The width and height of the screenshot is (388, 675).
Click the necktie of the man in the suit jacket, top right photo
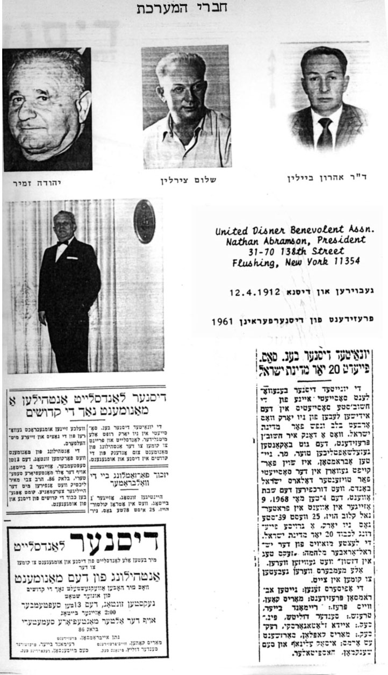[x=324, y=133]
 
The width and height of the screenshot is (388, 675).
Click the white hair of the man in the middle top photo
[x=181, y=62]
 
